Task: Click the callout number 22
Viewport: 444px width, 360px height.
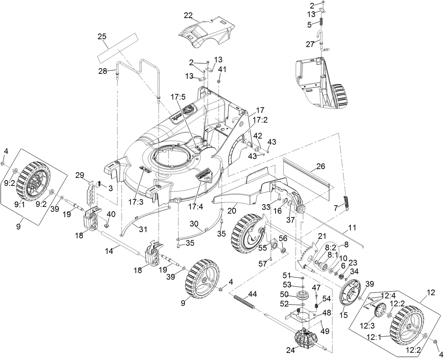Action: point(188,16)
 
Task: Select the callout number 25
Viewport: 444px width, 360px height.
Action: point(102,36)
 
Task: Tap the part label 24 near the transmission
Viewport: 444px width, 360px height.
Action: point(290,350)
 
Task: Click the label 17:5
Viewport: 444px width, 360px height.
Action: point(178,97)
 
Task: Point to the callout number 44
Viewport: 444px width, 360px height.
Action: point(252,294)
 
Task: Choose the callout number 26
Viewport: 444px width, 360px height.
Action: point(320,166)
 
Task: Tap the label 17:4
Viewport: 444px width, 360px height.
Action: point(196,207)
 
